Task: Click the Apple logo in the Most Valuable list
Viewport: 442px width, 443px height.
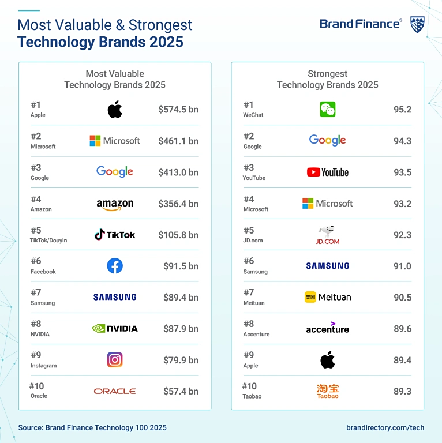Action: tap(115, 109)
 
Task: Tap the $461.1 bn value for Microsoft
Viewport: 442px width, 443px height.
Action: tap(178, 141)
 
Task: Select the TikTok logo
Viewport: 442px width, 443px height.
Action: tap(115, 235)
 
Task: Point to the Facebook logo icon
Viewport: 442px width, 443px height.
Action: tap(115, 266)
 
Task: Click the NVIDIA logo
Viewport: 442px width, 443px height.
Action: tap(115, 328)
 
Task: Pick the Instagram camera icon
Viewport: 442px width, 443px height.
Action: tap(115, 360)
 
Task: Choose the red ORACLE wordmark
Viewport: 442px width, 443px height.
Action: tap(115, 391)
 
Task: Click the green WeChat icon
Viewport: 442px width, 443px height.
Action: tap(328, 109)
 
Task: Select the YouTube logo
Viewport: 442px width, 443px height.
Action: tap(328, 172)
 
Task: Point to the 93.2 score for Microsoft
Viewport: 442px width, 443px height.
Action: tap(402, 204)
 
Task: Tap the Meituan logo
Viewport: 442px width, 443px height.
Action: tap(328, 297)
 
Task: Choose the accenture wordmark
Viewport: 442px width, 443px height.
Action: tap(328, 328)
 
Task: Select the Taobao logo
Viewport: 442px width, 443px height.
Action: tap(328, 391)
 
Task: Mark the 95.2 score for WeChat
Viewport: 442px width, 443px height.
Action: tap(402, 110)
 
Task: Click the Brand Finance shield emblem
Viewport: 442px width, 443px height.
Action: tap(417, 25)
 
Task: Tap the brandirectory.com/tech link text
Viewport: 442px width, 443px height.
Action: tap(385, 427)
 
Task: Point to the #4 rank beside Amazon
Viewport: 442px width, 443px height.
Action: tap(36, 199)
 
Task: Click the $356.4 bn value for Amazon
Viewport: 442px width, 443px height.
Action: tap(178, 204)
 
